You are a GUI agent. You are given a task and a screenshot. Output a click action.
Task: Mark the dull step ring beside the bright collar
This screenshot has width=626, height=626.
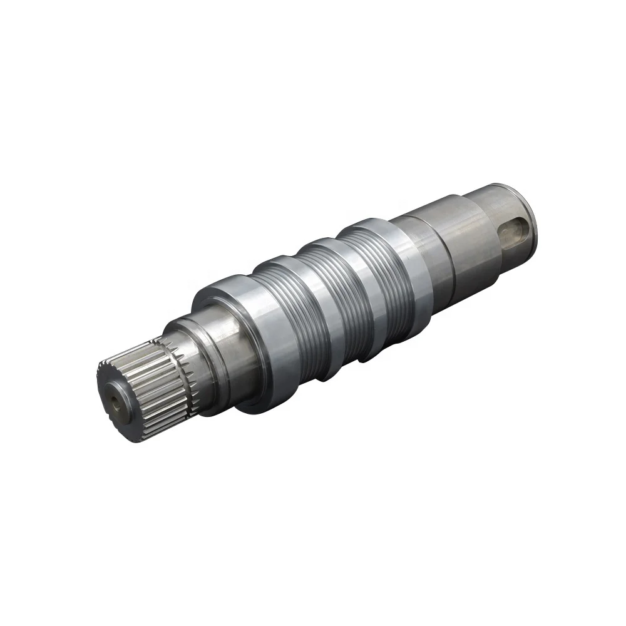coord(432,250)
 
